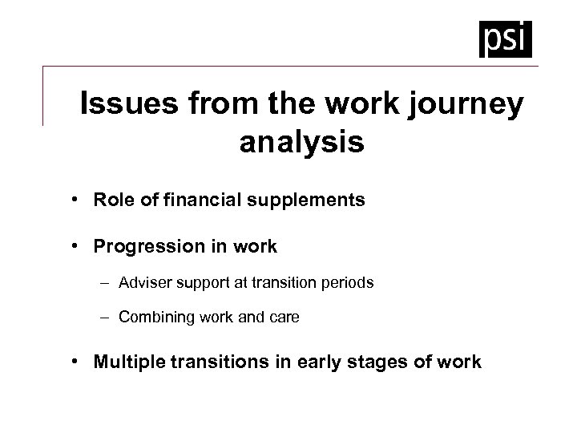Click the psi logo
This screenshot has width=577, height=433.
coord(505,38)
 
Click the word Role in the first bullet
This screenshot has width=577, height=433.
coord(111,200)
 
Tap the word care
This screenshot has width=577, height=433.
coord(284,318)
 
